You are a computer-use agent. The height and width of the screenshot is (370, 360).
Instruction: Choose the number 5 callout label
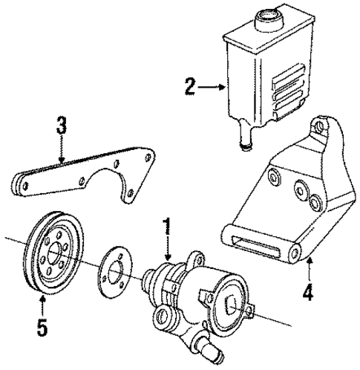pyautogui.click(x=42, y=324)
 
